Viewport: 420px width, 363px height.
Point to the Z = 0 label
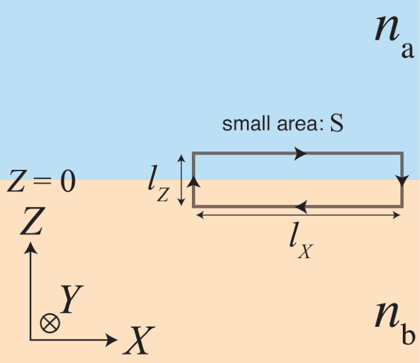point(40,182)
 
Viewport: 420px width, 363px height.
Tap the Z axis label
point(30,222)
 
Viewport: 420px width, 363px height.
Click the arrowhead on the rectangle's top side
point(300,153)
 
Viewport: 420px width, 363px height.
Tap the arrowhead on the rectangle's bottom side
point(300,207)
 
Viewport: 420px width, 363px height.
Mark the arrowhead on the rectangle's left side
point(194,180)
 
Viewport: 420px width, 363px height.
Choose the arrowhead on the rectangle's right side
point(402,180)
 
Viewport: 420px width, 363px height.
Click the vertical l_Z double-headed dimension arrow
point(181,180)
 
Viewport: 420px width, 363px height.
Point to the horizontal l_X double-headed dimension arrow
point(298,215)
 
